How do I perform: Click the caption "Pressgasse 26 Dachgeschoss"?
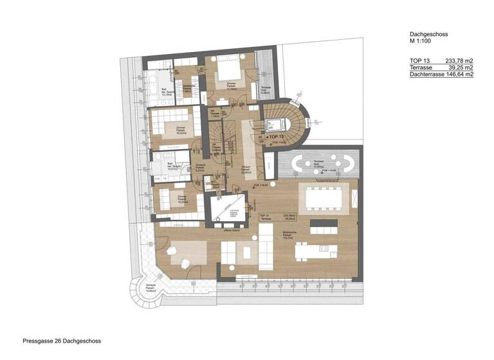click(x=62, y=341)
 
